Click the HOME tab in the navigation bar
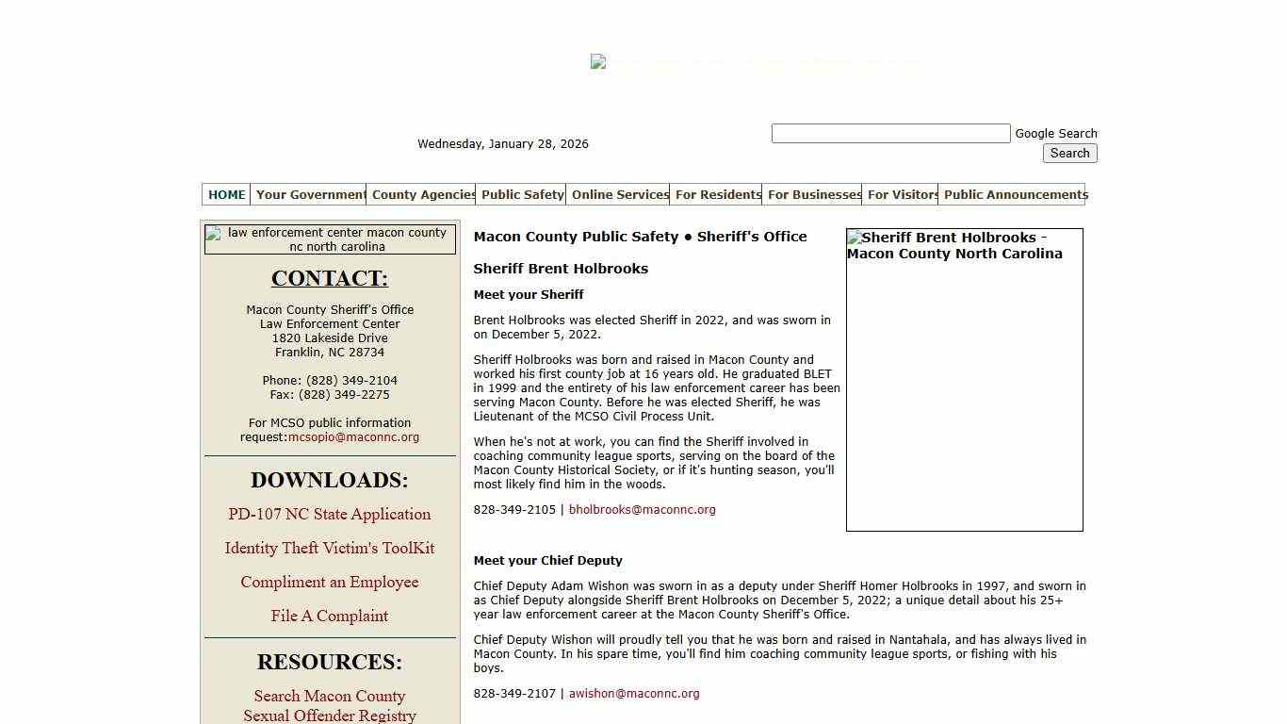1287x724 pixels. pos(226,195)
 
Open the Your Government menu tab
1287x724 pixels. pos(310,195)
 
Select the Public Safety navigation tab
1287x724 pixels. pos(522,195)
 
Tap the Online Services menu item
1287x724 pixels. pos(619,195)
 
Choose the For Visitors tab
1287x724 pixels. pos(901,195)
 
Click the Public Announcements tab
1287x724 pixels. pos(1015,195)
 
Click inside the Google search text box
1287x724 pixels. pos(890,134)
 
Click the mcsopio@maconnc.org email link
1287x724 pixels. pos(353,437)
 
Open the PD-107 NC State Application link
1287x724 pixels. pos(330,514)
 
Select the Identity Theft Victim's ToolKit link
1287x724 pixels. pos(330,548)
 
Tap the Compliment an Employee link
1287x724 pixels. pos(330,582)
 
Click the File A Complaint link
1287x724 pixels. pos(330,616)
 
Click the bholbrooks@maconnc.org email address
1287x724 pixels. pos(642,510)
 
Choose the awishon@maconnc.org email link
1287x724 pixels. pos(634,694)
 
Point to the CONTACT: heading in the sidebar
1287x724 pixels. pos(330,278)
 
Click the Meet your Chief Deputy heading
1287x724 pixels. pos(547,561)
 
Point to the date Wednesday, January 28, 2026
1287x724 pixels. pos(503,144)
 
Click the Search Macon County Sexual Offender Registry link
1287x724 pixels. pos(330,706)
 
